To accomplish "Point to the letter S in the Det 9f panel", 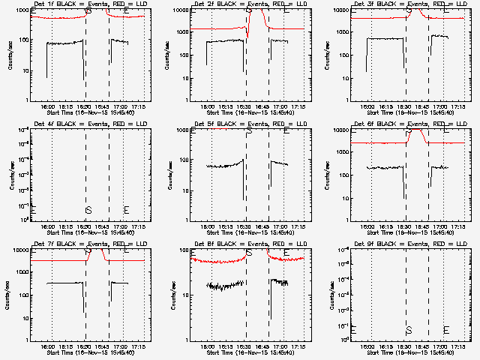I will coord(409,330).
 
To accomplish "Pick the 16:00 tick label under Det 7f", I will coord(49,346).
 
